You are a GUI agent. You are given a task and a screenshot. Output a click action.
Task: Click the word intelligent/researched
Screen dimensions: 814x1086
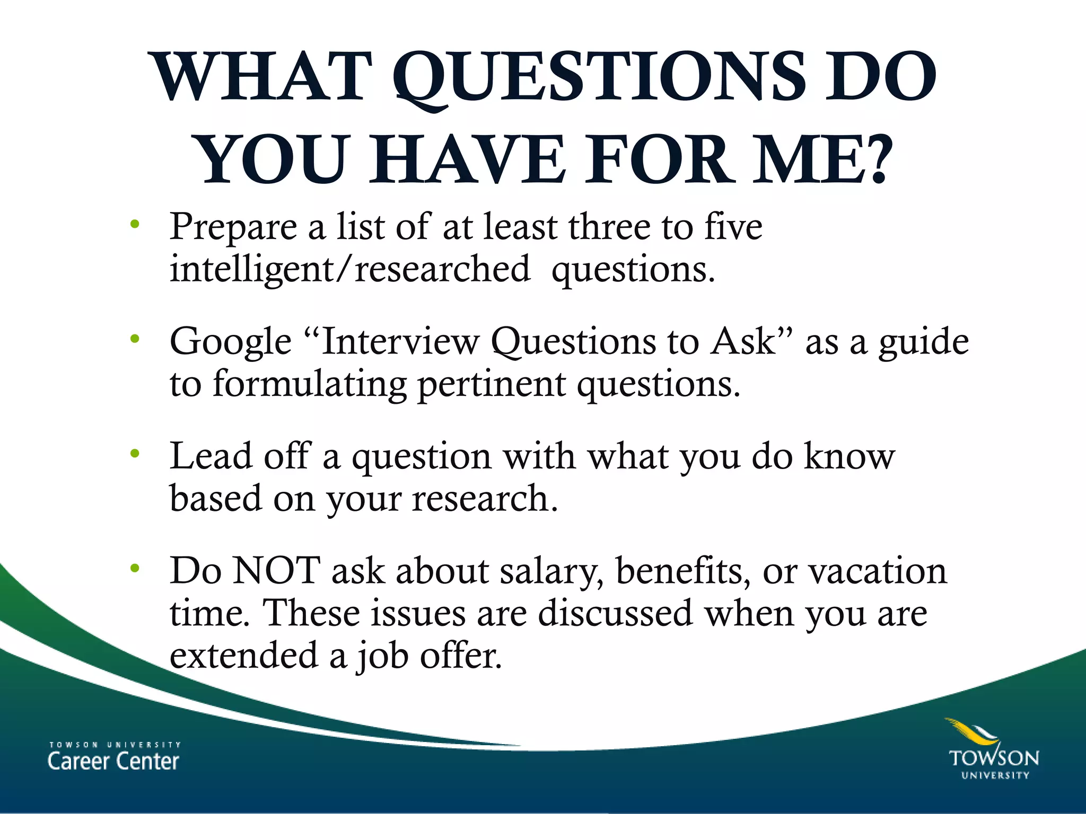[x=350, y=269]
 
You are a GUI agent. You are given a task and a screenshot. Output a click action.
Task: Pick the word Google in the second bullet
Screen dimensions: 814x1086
[x=231, y=342]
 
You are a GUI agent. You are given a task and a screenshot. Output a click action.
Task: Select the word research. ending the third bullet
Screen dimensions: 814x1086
[x=485, y=499]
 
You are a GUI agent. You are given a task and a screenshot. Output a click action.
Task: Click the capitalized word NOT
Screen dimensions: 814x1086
[x=276, y=571]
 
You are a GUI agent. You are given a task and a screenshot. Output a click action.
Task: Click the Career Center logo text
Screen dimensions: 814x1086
[x=113, y=761]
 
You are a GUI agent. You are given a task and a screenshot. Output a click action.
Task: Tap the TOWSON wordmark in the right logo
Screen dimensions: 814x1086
[x=994, y=758]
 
